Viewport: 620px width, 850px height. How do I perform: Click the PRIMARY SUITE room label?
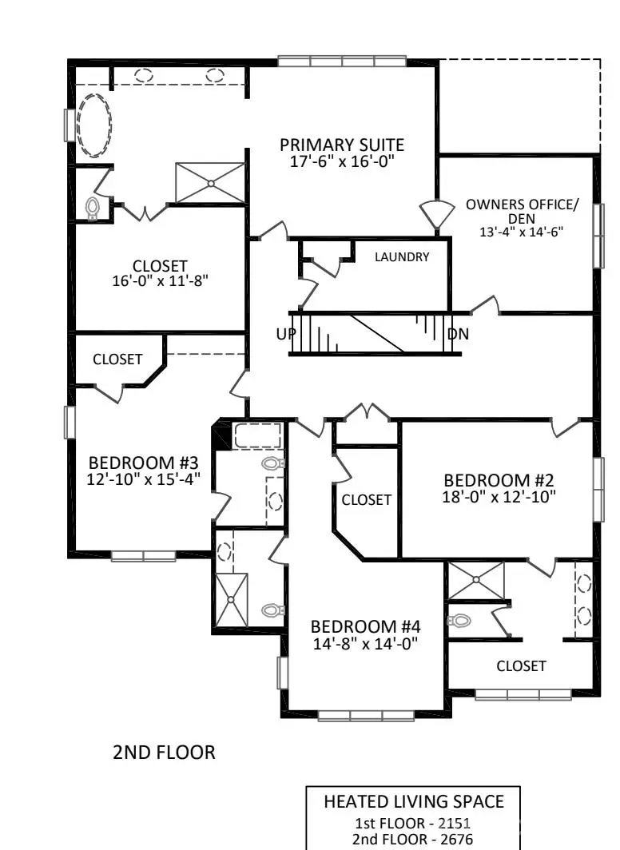point(341,145)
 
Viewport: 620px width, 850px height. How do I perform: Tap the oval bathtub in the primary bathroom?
point(93,125)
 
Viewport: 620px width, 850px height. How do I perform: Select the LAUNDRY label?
point(402,257)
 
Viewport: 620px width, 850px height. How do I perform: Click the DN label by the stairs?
point(458,334)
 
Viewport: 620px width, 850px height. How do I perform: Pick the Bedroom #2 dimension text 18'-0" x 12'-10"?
point(499,496)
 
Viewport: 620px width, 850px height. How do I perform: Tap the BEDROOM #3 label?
point(143,463)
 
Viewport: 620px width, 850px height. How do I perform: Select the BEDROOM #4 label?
point(364,626)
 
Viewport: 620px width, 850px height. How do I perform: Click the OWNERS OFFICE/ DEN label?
point(520,211)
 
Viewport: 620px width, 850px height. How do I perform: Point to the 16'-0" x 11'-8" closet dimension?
point(161,281)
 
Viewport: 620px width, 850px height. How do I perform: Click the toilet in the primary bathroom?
point(92,208)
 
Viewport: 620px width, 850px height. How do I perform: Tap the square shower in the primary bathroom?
point(210,183)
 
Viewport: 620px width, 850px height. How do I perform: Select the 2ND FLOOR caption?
point(164,752)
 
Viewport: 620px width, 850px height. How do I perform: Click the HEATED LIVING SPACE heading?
point(413,801)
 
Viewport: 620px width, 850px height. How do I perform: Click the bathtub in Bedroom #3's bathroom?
point(257,436)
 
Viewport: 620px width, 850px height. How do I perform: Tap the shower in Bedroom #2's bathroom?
point(476,581)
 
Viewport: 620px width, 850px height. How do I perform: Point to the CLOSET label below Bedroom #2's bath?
point(521,665)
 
